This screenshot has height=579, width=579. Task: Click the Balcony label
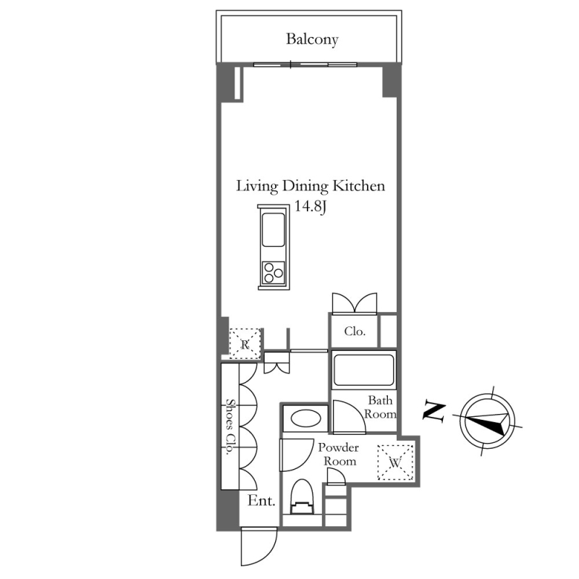point(312,39)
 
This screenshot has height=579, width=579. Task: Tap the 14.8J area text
point(310,206)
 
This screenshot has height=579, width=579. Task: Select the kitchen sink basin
point(274,229)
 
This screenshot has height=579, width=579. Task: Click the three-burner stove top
point(274,273)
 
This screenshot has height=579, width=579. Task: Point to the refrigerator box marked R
point(245,343)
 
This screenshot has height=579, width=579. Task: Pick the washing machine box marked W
point(394,462)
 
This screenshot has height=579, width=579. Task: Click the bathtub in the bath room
point(364,370)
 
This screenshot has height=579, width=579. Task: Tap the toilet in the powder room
point(302,496)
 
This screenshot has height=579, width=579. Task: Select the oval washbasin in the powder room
point(305,419)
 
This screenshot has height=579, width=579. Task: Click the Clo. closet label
point(355,331)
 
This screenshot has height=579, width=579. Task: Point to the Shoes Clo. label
point(230,426)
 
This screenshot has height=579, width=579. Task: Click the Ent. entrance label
point(261,501)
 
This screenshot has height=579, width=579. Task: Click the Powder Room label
point(339,455)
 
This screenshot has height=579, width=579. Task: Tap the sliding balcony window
point(305,64)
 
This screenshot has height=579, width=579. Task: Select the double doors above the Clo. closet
point(355,303)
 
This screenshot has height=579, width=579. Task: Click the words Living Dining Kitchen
point(310,186)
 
